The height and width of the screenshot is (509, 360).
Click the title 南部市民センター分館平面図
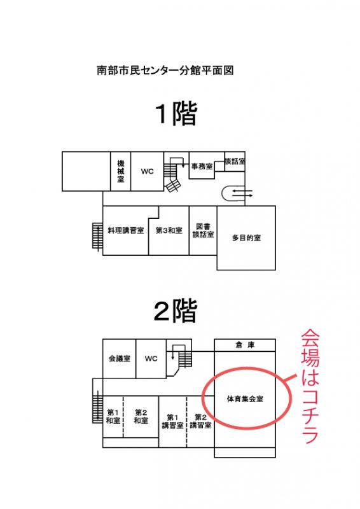coord(165,70)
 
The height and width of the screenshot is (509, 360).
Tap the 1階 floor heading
coord(176,114)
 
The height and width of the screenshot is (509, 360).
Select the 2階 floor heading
coord(176,310)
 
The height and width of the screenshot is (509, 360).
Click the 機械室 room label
coord(121,171)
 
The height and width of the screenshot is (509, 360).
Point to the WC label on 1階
coord(147,171)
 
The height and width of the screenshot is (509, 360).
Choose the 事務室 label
coord(202,166)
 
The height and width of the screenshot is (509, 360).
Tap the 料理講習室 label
coord(126,230)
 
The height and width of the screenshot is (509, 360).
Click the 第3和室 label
coord(169,230)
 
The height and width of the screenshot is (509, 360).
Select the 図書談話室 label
coord(203,230)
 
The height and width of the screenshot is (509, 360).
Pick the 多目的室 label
coord(246,238)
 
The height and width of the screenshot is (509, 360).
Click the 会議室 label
coord(120,358)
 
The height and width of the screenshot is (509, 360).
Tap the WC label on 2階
coord(151,359)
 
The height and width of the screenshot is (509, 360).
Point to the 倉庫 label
coord(245,345)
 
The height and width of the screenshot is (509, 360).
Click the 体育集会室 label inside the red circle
coord(245,399)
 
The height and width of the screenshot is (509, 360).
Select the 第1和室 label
coord(113,417)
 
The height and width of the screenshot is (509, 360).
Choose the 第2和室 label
coord(141,417)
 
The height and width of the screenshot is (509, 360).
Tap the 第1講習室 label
coord(173,421)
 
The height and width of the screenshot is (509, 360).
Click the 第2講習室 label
coord(200,421)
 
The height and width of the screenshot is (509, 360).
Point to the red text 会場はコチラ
coord(310,386)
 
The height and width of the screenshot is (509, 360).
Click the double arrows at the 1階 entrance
coord(242,193)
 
